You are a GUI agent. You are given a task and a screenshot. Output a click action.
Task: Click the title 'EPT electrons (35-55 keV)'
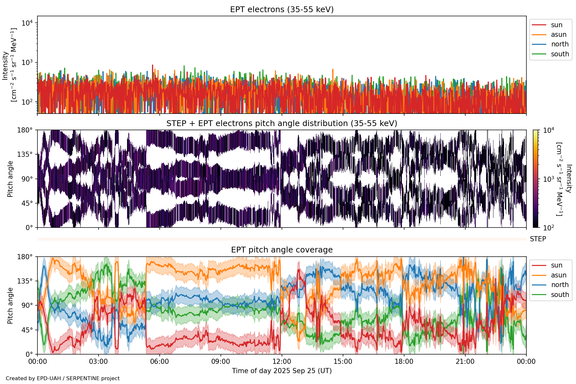(282, 10)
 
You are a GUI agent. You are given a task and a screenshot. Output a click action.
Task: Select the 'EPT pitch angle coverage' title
(282, 250)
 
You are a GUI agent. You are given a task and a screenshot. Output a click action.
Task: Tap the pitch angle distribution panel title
(282, 124)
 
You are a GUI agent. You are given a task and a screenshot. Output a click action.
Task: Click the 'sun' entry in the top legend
(556, 25)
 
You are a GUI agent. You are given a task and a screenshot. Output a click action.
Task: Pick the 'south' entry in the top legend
(560, 54)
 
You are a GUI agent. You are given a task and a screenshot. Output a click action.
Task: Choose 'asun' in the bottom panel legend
(558, 275)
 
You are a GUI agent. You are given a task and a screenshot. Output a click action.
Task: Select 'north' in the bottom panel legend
(560, 285)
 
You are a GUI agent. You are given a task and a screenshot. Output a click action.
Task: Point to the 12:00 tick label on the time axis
(282, 362)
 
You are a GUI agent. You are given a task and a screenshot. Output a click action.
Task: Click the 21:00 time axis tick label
(465, 362)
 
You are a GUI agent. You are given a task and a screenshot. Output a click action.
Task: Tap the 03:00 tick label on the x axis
(98, 362)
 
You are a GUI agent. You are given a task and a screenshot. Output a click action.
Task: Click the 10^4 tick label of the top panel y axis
(28, 23)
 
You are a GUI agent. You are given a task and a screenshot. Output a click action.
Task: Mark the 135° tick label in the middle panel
(25, 155)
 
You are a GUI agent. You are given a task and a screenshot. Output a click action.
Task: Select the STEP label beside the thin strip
(538, 239)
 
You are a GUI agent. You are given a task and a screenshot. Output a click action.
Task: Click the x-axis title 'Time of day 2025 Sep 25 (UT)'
(282, 371)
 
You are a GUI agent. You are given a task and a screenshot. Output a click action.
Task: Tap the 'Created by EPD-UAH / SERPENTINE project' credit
(63, 379)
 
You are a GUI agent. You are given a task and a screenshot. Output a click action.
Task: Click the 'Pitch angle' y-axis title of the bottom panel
(10, 305)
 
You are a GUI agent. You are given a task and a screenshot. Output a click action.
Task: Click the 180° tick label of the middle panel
(25, 130)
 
